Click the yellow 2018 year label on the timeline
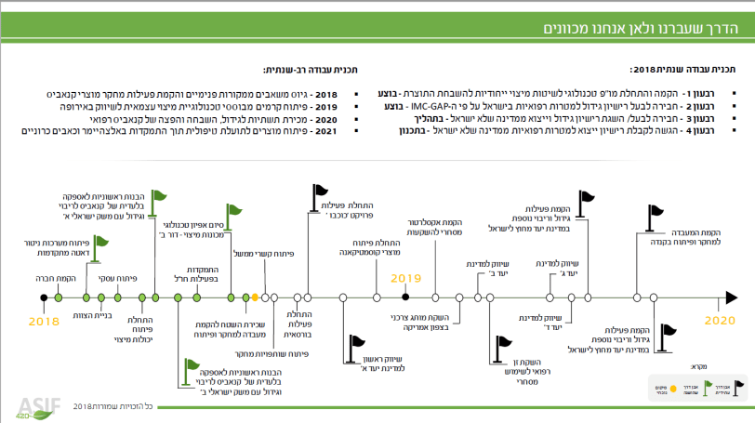44,320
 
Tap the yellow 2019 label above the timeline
405,278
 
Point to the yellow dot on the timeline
255,297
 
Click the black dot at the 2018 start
44,297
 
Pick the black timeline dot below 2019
405,297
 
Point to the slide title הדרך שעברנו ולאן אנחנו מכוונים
651,30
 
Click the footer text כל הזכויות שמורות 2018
126,406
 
